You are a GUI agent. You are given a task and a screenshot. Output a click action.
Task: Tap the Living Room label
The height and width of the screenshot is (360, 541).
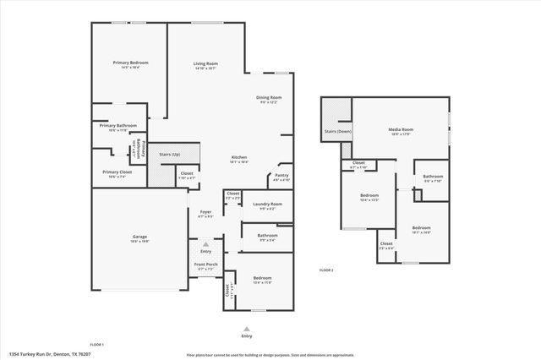pos(205,64)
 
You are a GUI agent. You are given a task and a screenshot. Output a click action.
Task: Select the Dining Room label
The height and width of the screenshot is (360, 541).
pos(269,98)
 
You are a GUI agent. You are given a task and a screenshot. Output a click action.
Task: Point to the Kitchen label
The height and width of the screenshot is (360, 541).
pos(240,158)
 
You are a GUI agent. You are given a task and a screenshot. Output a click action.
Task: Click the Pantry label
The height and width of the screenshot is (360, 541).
pos(281,176)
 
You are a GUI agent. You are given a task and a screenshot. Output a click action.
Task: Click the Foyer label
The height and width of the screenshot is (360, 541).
pos(205,212)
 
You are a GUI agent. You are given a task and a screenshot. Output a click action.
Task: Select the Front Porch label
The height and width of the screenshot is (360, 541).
pos(206,265)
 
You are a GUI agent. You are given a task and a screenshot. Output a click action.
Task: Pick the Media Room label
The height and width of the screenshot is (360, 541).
pos(400,129)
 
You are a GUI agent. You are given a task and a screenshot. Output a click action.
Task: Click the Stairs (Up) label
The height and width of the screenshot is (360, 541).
pos(170,155)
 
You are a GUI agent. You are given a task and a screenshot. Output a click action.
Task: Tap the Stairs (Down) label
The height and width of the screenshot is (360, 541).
pos(337,131)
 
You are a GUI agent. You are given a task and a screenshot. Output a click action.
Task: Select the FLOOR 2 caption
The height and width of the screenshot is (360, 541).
pos(326,270)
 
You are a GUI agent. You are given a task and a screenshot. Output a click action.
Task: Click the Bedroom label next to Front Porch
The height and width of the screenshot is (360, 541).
pos(262,278)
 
